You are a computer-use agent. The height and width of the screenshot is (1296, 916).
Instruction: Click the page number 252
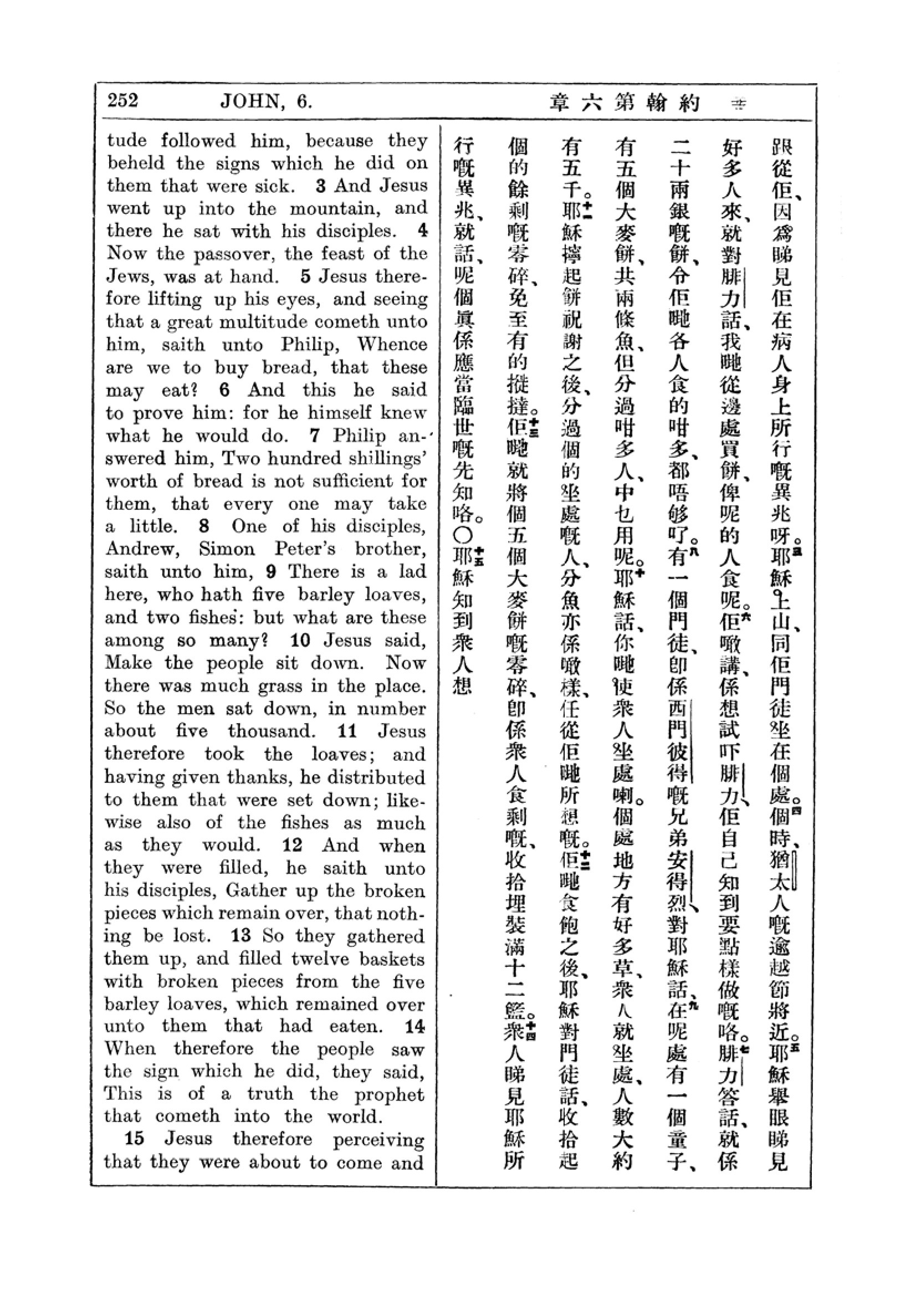[122, 101]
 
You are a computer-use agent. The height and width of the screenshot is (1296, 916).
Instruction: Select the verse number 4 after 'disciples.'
[422, 230]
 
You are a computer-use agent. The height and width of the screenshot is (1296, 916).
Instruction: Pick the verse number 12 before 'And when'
[293, 845]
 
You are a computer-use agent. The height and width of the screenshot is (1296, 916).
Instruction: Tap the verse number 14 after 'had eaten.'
[415, 1026]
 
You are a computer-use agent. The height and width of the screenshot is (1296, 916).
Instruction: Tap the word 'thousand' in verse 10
[271, 731]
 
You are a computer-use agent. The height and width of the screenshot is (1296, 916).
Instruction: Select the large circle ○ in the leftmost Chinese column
[463, 535]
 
